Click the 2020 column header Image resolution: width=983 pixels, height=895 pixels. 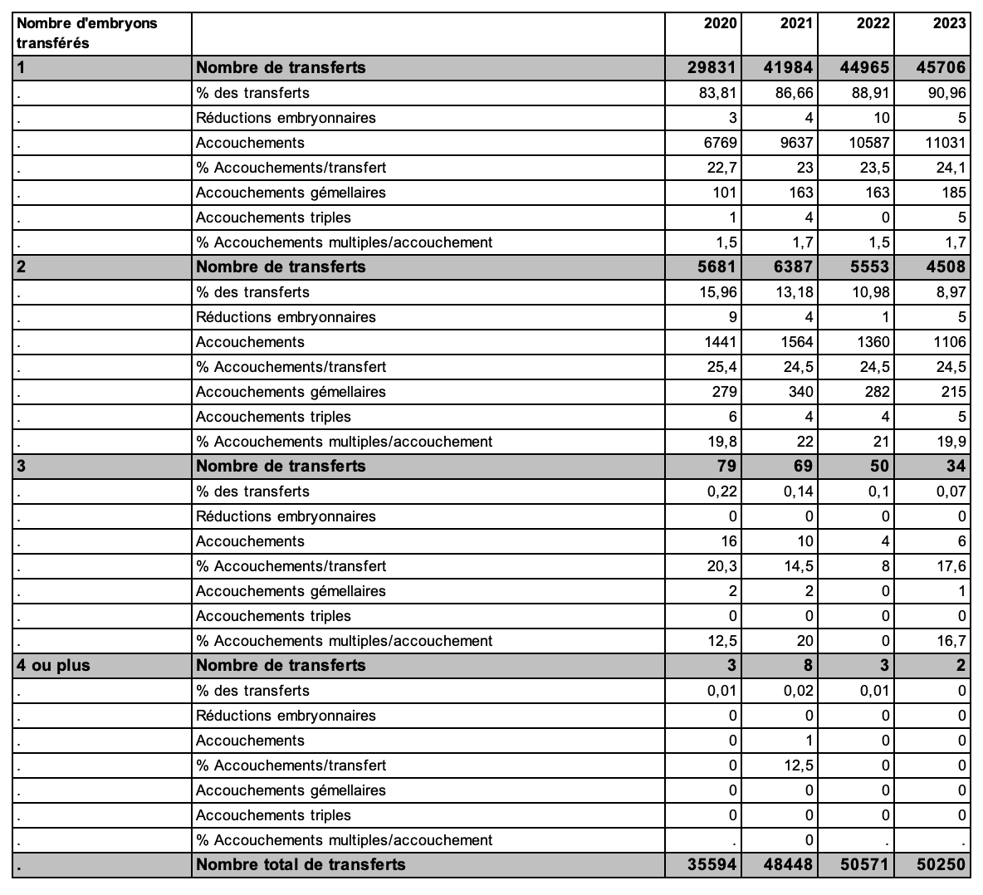pos(720,23)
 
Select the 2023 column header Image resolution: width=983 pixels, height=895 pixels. pos(949,23)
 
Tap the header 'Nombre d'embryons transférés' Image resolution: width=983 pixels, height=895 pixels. pos(86,33)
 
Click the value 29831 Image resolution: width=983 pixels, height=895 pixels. pos(712,68)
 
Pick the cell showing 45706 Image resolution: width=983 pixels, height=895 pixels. pos(941,68)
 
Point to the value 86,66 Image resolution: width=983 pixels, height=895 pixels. pos(795,93)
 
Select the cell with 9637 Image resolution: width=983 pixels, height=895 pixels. pos(796,143)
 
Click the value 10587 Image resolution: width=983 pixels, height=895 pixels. pos(869,143)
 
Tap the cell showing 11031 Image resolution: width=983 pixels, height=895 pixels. pos(946,143)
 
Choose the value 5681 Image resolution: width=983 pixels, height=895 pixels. pos(717,267)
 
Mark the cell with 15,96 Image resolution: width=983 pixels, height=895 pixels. pos(718,292)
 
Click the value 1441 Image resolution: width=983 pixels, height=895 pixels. pos(720,342)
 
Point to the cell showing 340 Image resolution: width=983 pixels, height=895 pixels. pos(800,392)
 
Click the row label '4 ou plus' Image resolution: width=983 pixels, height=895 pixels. pos(54,666)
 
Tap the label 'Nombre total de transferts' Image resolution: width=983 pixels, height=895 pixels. pos(301,865)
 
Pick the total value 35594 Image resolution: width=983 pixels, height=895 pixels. pos(712,865)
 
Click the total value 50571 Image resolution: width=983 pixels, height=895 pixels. pos(865,865)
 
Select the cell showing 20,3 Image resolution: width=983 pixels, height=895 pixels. pos(721,566)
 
